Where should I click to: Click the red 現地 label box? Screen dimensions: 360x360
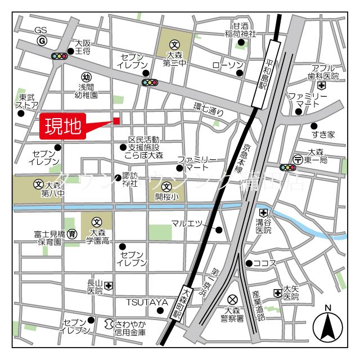(x=62, y=126)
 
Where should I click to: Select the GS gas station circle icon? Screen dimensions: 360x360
(x=42, y=41)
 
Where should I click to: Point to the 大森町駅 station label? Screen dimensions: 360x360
(x=186, y=304)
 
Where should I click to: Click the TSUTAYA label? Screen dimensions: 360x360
(x=147, y=302)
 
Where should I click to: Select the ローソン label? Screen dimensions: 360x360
(x=227, y=65)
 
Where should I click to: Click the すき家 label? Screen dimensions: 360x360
(x=323, y=134)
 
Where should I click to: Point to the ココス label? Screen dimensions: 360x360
(x=264, y=263)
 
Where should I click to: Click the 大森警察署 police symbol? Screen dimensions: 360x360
(x=232, y=299)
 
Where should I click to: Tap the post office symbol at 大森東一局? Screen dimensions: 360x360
(x=298, y=159)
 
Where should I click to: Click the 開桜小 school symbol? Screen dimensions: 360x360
(x=166, y=187)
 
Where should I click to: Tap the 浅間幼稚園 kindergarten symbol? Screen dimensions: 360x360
(x=86, y=76)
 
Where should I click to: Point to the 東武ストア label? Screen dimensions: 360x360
(x=26, y=101)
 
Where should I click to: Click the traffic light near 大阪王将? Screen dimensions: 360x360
(x=58, y=56)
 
